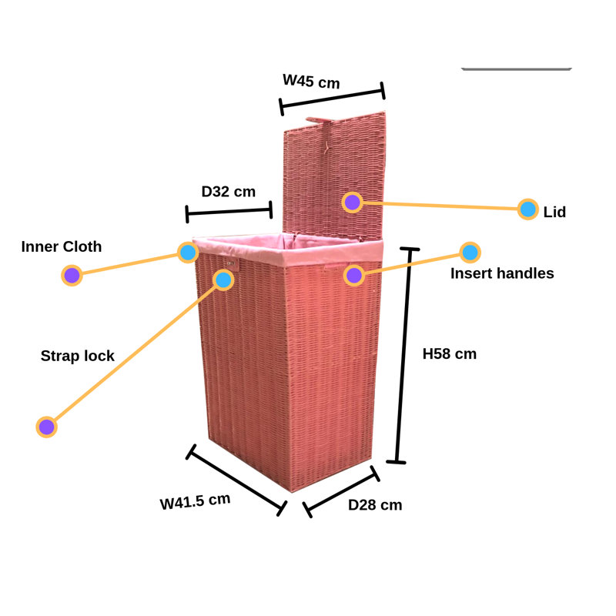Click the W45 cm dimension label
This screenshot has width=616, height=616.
[311, 82]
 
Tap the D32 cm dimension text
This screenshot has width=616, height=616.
[228, 192]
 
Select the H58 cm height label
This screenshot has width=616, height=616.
[450, 354]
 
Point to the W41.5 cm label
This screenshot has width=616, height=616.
[195, 501]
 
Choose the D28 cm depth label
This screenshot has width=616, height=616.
[375, 505]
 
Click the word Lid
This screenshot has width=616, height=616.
[554, 213]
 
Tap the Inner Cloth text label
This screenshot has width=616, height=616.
[62, 246]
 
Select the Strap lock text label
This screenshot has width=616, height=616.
[78, 356]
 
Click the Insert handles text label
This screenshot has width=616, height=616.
[502, 273]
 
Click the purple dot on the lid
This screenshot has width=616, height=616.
[353, 203]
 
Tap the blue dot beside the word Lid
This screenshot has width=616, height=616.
[527, 209]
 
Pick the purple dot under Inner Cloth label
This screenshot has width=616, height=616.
[72, 276]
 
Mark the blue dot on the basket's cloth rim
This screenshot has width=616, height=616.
[188, 253]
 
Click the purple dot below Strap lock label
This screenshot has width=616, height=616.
[47, 427]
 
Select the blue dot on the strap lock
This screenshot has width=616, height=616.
[223, 280]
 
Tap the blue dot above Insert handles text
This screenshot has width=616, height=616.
[470, 253]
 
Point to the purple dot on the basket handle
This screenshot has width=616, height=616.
[354, 276]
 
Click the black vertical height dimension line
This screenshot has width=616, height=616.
[403, 356]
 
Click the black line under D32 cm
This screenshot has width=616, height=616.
[229, 212]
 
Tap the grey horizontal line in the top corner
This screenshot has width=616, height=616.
[516, 69]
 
